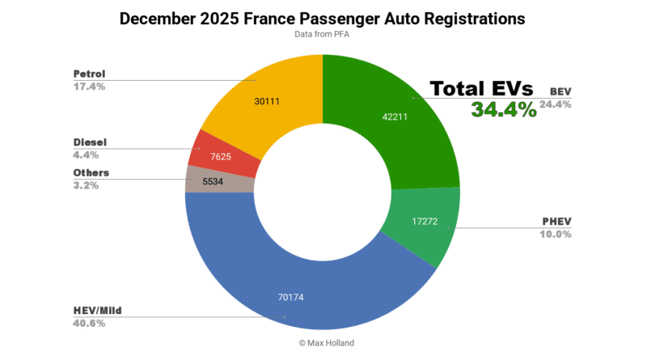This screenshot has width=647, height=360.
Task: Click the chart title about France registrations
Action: click(322, 18)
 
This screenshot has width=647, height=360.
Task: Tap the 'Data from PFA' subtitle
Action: click(322, 36)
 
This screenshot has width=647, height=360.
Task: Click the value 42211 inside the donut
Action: click(395, 117)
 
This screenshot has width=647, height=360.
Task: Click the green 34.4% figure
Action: click(504, 111)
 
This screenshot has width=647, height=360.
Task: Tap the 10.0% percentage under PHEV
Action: click(556, 234)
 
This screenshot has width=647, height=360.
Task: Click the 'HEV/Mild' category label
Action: click(98, 310)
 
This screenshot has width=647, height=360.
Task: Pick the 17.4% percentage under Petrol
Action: click(90, 87)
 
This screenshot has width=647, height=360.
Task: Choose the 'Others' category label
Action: click(91, 172)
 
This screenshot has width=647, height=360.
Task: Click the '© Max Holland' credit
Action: click(322, 343)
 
